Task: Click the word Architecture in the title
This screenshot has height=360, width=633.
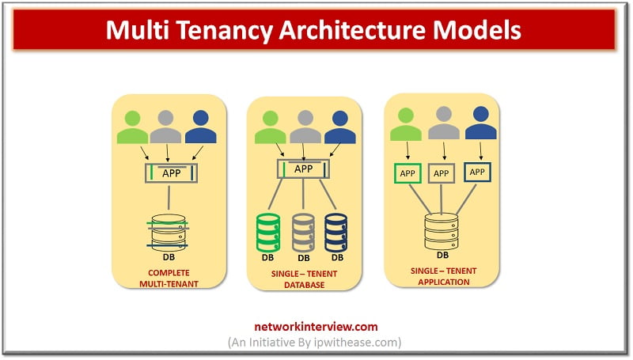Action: pos(352,30)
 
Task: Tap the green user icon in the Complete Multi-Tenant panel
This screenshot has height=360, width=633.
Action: pos(132,127)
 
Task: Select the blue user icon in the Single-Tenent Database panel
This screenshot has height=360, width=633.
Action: pos(340,127)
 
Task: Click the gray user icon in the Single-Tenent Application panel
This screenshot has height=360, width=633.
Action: pos(444,123)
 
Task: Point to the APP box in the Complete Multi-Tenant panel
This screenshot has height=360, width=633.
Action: pos(171,173)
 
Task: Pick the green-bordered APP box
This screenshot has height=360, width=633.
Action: pos(407,173)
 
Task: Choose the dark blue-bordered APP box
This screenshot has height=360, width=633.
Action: pos(477,172)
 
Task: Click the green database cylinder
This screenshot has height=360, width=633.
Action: pos(268,233)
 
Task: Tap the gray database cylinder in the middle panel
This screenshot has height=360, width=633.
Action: pos(303,233)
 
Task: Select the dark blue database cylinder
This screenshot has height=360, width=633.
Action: pos(335,233)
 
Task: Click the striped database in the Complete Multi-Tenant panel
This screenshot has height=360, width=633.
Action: pos(169,233)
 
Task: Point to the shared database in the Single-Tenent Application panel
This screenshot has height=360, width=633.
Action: pos(442,231)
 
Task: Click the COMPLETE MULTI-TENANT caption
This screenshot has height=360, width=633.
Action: pos(169,279)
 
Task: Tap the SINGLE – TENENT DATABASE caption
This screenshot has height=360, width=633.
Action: pos(304,279)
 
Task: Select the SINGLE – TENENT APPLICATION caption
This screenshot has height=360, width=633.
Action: pos(444,276)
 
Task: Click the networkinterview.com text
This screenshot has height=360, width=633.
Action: pos(316,327)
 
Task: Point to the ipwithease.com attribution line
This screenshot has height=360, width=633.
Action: pos(315,343)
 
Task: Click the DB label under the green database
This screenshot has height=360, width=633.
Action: pos(267,257)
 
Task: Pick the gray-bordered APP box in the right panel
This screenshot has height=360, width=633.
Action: pos(442,173)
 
